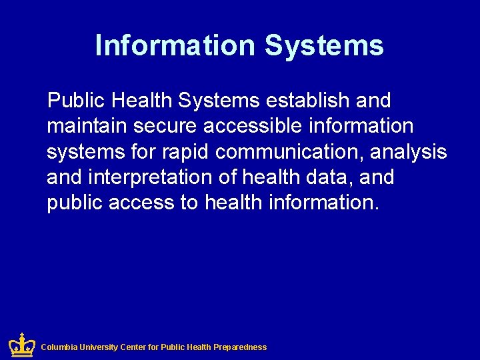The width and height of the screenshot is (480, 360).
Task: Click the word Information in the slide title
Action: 175,45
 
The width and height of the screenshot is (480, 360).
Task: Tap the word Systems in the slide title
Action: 324,45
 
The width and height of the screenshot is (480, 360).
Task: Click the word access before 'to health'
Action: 141,203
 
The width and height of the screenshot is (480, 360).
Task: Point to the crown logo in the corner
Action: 21,345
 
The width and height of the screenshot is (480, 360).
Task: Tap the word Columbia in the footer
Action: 59,347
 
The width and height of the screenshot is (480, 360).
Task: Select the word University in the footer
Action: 99,347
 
